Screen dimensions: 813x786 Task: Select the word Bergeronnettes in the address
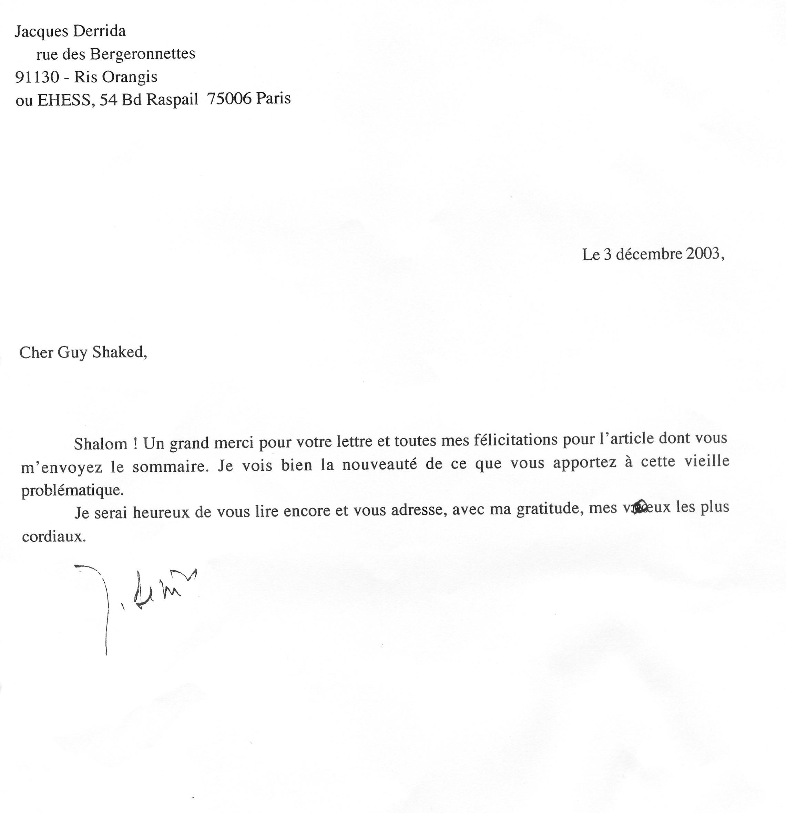(x=143, y=54)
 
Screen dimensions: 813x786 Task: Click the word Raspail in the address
(x=172, y=100)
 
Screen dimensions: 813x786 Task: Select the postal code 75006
(x=229, y=99)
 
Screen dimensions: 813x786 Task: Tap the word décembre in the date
(x=649, y=254)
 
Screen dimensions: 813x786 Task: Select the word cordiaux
(x=54, y=537)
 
